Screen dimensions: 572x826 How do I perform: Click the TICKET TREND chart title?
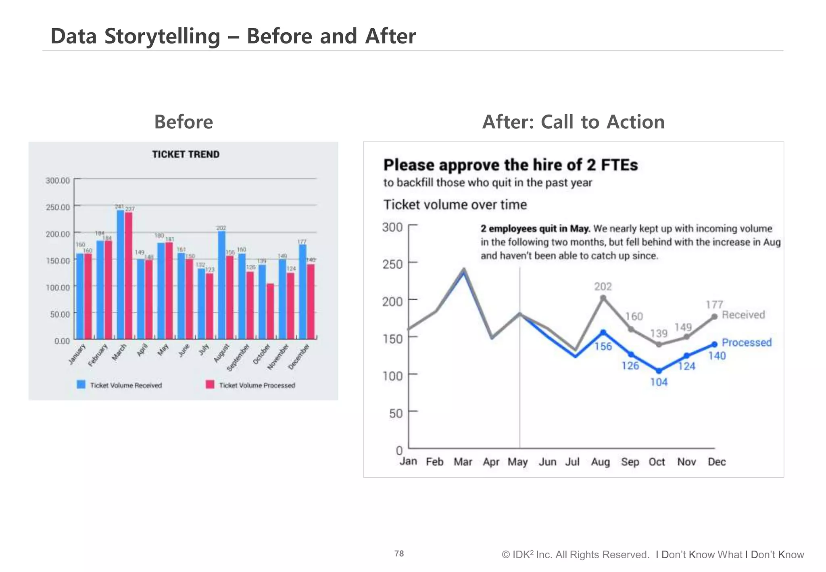coord(186,154)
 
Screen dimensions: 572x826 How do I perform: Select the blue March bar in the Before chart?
coord(120,274)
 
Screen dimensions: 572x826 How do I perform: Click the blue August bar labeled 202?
coord(221,285)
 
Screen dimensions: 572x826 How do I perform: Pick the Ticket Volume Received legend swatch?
coord(81,385)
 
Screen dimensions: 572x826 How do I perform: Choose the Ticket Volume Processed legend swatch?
coord(210,385)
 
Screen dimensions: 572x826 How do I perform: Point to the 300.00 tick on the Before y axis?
coord(58,180)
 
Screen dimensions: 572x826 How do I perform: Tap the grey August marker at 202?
coord(603,298)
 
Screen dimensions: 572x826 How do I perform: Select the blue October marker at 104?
coord(659,371)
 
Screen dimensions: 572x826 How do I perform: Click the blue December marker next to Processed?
coord(714,344)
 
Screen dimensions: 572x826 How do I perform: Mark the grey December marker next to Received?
coord(714,317)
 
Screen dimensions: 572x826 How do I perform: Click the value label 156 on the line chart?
coord(603,347)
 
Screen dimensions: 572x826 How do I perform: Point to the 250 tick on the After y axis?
coord(392,264)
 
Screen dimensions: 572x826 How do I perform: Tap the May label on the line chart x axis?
coord(517,462)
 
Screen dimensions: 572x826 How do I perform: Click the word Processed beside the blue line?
coord(747,342)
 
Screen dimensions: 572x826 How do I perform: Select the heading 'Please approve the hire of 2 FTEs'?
coord(510,165)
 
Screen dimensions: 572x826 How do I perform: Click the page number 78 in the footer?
coord(399,553)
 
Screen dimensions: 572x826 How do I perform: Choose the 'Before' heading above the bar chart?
coord(184,122)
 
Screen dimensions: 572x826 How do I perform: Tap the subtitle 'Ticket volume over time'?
coord(455,205)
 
